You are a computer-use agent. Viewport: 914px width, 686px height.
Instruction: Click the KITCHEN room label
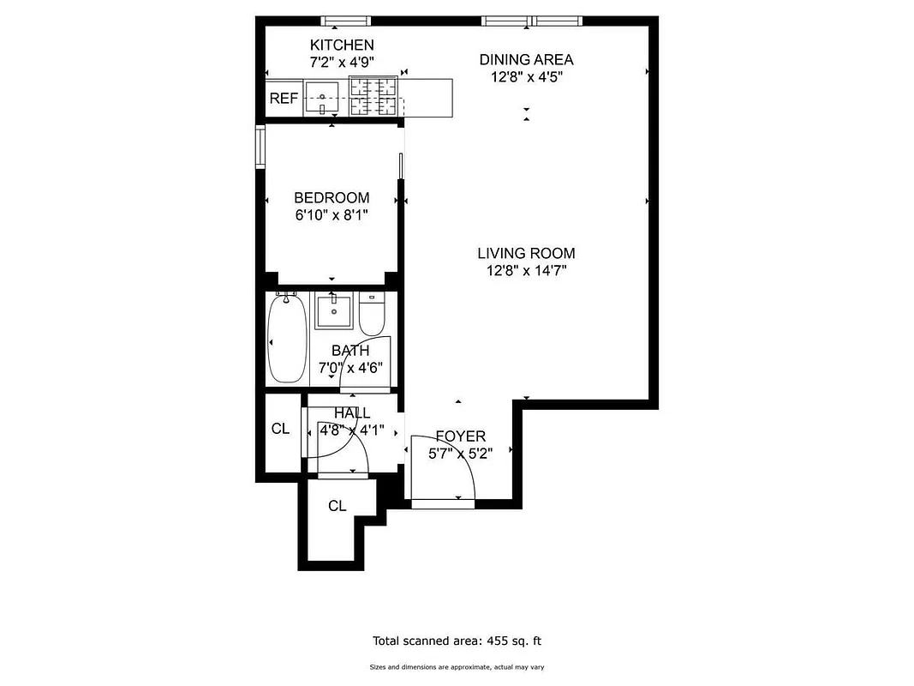tap(342, 45)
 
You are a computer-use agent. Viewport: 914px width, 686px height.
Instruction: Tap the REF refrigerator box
tap(283, 99)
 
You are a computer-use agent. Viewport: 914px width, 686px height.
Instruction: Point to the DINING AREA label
tap(526, 59)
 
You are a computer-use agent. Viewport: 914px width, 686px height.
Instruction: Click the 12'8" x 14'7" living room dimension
tap(526, 271)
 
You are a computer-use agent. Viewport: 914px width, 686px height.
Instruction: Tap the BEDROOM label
tap(332, 197)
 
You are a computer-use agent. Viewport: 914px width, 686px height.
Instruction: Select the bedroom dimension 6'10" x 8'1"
tap(332, 214)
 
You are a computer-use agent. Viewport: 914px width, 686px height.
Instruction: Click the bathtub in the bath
tap(286, 339)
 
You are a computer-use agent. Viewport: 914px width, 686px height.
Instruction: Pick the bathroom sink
tap(333, 311)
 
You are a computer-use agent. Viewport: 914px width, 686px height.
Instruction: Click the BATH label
tap(350, 350)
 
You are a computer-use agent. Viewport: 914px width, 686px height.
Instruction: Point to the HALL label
tap(352, 413)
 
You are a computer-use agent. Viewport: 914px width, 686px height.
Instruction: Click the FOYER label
tap(460, 436)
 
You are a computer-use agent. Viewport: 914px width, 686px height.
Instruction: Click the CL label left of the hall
tap(280, 429)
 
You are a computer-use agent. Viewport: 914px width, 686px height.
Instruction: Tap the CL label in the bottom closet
tap(337, 506)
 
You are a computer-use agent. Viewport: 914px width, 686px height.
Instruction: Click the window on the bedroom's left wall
tap(260, 147)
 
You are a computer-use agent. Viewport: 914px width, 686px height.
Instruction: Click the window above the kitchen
tap(346, 20)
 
